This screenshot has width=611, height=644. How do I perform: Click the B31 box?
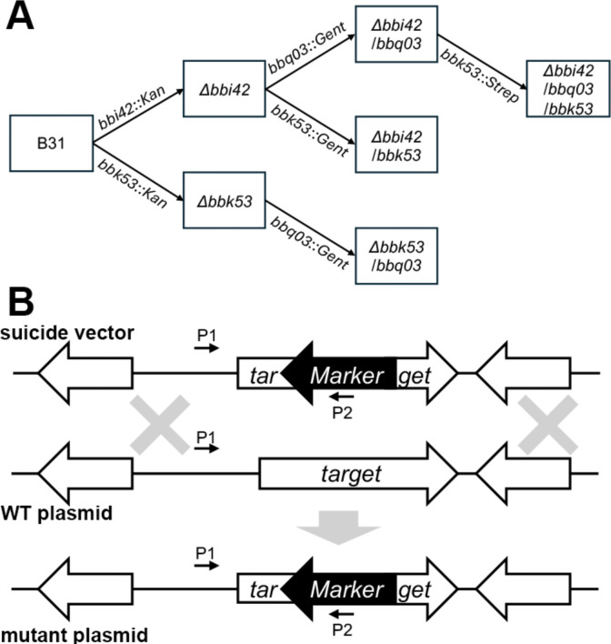(x=51, y=143)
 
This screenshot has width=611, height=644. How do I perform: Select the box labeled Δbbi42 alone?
(x=225, y=89)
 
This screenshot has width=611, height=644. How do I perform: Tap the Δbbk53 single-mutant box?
(x=225, y=200)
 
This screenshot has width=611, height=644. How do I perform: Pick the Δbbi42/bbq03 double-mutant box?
(x=396, y=34)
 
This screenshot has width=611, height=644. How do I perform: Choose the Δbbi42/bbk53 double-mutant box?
(x=396, y=145)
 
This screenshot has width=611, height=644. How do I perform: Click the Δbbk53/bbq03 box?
(x=396, y=256)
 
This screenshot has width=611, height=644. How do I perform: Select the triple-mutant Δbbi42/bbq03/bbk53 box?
(x=568, y=89)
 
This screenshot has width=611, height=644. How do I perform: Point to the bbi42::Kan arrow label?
(x=132, y=107)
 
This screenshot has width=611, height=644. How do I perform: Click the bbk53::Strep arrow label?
(x=480, y=76)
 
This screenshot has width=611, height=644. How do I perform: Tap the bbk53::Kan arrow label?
(x=132, y=184)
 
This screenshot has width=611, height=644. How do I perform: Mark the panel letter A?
(x=19, y=17)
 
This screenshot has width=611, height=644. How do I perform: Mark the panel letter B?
(x=21, y=302)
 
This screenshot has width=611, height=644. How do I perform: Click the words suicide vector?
(x=67, y=333)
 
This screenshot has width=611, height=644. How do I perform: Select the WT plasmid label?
(x=56, y=513)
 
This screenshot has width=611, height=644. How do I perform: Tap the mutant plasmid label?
(x=74, y=635)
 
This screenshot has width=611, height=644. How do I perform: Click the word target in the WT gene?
(x=352, y=475)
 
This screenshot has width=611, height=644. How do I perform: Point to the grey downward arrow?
(x=339, y=528)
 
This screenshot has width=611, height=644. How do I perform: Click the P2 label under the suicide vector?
(x=343, y=413)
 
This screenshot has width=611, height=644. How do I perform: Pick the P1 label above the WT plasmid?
(x=206, y=438)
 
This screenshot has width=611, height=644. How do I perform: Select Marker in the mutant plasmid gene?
(x=347, y=589)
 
